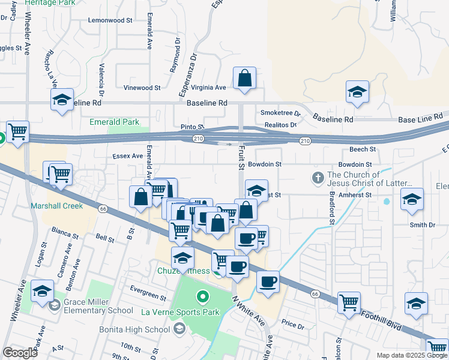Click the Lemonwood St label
click(x=110, y=20)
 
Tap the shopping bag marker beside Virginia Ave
click(x=245, y=79)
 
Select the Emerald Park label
click(x=115, y=122)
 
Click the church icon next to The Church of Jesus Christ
click(x=318, y=178)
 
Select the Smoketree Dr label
click(x=280, y=113)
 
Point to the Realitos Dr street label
click(x=281, y=125)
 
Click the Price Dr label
click(x=294, y=324)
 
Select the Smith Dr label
click(x=422, y=225)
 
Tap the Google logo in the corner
click(x=20, y=353)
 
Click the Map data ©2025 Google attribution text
click(x=411, y=355)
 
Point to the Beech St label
click(x=363, y=149)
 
